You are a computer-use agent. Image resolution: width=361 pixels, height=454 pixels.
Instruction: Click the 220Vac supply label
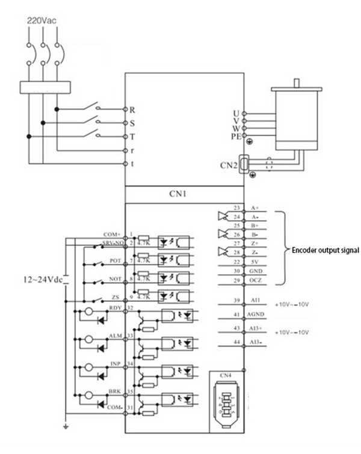[42, 20]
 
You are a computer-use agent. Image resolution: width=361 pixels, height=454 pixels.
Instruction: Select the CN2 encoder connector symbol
[244, 164]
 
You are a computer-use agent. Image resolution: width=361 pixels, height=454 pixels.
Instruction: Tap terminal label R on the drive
[132, 110]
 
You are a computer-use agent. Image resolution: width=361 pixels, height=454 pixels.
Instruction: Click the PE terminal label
[235, 137]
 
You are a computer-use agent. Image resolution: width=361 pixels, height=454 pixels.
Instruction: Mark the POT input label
[114, 261]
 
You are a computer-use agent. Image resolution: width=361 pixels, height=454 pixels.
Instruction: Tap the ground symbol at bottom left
[66, 428]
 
